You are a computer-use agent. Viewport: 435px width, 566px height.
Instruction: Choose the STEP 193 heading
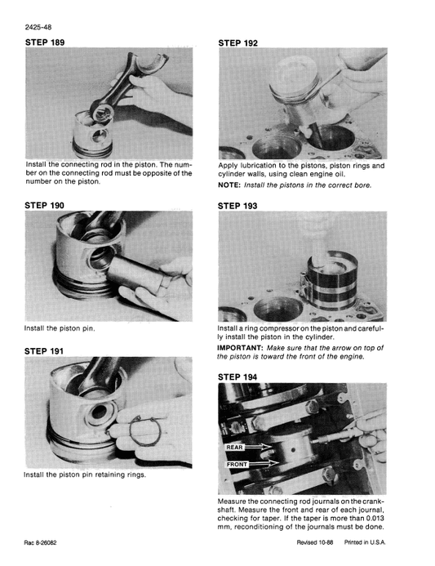[x=238, y=207]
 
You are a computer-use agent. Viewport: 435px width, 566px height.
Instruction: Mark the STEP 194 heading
[x=238, y=377]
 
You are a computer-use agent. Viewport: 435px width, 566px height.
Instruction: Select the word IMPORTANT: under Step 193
[x=242, y=346]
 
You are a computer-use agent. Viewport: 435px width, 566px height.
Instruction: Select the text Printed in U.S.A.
[x=366, y=543]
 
